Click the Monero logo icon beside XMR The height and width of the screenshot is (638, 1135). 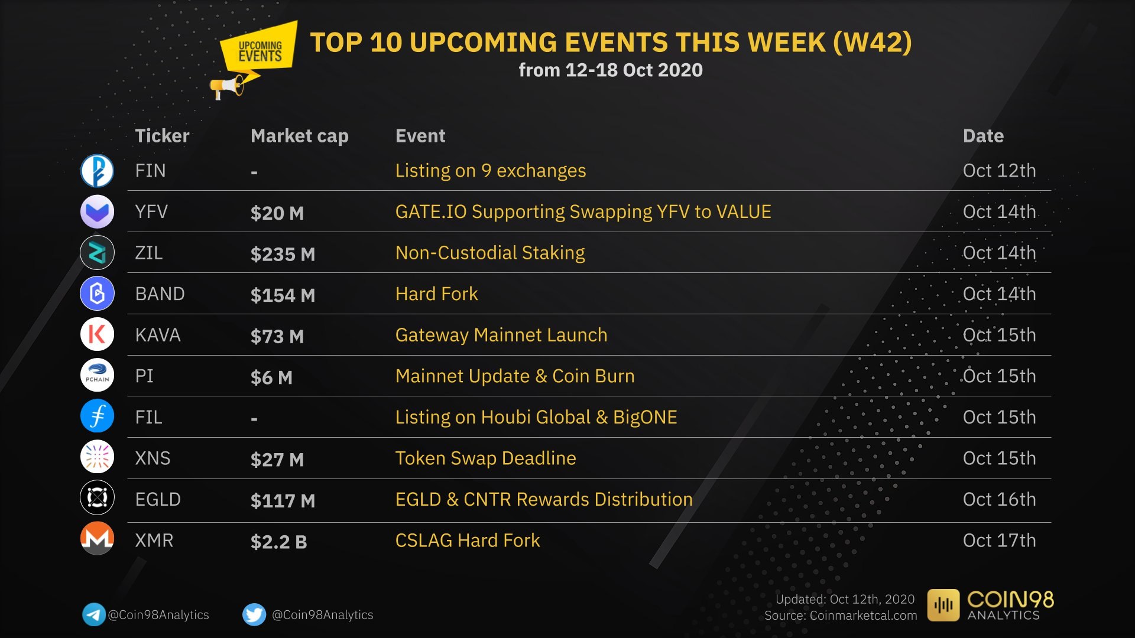97,538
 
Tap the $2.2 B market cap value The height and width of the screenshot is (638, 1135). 278,542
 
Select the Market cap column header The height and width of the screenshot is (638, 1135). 299,136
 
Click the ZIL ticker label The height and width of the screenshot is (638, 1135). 148,253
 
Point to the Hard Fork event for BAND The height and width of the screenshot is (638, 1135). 436,294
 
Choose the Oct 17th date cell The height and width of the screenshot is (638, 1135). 999,540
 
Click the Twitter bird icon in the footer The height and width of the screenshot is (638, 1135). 254,614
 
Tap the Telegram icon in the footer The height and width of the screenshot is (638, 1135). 93,614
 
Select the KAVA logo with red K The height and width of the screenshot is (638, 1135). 97,334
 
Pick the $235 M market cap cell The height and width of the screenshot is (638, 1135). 283,254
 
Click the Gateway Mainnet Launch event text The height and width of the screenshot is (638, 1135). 501,335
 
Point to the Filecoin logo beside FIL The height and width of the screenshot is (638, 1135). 97,416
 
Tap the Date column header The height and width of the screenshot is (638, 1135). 983,136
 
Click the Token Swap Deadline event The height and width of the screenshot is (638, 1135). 485,458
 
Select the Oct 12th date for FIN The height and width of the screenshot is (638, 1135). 999,171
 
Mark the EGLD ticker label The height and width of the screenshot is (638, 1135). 158,499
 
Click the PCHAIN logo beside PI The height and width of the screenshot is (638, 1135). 97,375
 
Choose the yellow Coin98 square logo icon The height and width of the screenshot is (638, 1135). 943,605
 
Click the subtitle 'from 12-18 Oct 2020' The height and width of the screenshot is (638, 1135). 611,70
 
